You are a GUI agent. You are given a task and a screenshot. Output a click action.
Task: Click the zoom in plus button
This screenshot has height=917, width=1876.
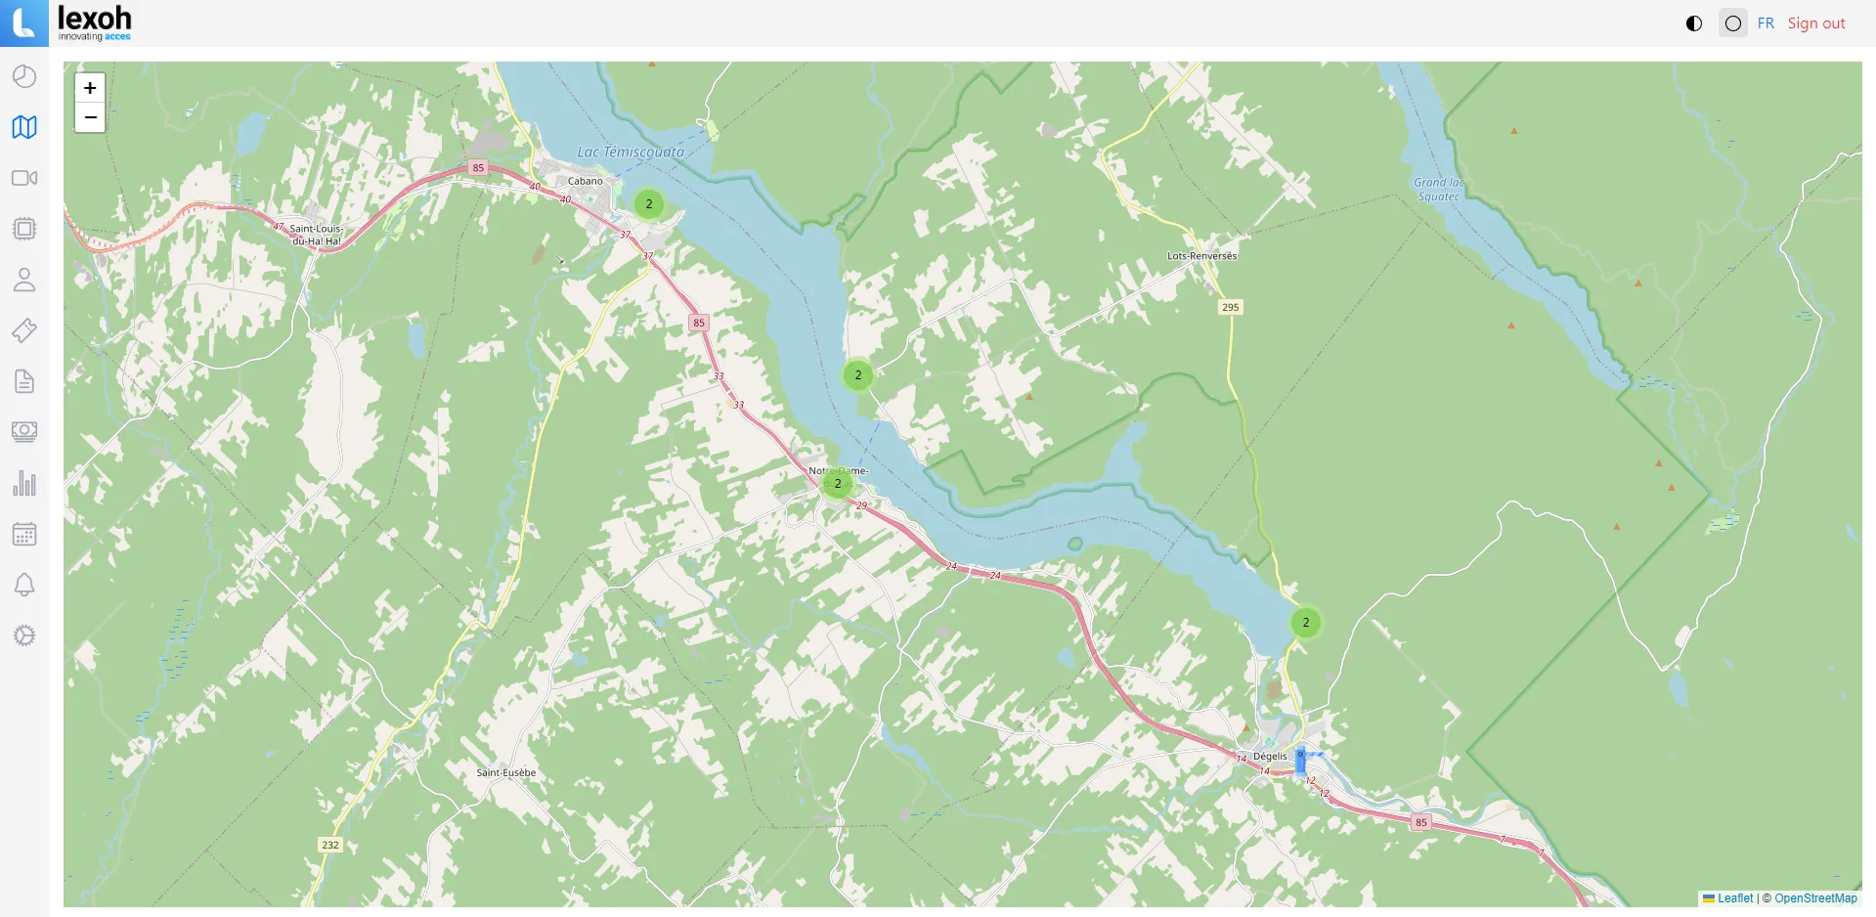pyautogui.click(x=90, y=88)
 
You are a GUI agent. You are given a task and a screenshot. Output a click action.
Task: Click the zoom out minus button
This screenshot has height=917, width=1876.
pyautogui.click(x=90, y=117)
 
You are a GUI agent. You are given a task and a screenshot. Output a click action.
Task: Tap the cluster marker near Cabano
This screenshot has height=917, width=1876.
pyautogui.click(x=649, y=204)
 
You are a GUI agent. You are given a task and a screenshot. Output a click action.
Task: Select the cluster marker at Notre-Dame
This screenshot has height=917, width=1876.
pyautogui.click(x=838, y=483)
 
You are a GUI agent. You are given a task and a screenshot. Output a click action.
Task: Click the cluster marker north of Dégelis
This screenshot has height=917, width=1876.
pyautogui.click(x=1305, y=623)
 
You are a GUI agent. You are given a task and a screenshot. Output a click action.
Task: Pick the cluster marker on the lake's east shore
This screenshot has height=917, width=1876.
pyautogui.click(x=857, y=374)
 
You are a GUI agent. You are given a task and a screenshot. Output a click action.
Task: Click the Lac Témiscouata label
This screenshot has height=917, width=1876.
pyautogui.click(x=631, y=152)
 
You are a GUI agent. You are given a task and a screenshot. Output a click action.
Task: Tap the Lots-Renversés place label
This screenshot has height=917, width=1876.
pyautogui.click(x=1201, y=256)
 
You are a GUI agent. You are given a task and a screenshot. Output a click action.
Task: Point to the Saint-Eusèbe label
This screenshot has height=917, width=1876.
pyautogui.click(x=505, y=772)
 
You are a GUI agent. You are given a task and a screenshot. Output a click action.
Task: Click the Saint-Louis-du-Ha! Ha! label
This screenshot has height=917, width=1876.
pyautogui.click(x=316, y=235)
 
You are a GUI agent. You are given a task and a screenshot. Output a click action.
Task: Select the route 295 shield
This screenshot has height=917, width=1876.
pyautogui.click(x=1230, y=307)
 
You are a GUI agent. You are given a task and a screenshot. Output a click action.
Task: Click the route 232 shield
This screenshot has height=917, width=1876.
pyautogui.click(x=330, y=845)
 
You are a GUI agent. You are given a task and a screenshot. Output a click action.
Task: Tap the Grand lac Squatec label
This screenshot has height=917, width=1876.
pyautogui.click(x=1438, y=190)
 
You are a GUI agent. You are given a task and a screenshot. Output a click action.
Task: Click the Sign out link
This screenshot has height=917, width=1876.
pyautogui.click(x=1815, y=23)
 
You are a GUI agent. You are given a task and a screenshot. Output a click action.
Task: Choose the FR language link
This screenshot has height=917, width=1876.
pyautogui.click(x=1765, y=23)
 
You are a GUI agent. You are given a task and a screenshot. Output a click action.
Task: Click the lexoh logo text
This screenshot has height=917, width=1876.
pyautogui.click(x=94, y=19)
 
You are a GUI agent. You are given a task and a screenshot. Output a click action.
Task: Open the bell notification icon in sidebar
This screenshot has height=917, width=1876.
pyautogui.click(x=24, y=585)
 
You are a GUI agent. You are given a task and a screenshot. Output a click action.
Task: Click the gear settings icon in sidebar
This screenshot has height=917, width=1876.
pyautogui.click(x=24, y=635)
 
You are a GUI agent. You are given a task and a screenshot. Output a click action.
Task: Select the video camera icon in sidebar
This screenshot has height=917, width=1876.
pyautogui.click(x=24, y=178)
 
